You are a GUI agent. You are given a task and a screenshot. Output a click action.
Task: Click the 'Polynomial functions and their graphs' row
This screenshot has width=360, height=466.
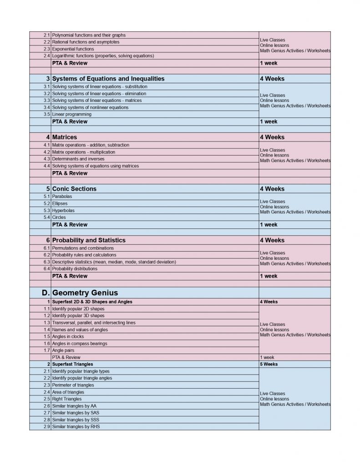click(x=89, y=35)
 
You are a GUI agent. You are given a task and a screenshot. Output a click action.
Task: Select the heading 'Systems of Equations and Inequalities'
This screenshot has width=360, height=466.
click(x=108, y=79)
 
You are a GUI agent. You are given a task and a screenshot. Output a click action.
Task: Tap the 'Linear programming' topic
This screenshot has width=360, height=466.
click(x=71, y=114)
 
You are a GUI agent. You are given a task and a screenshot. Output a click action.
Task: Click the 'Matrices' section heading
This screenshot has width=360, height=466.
click(x=65, y=137)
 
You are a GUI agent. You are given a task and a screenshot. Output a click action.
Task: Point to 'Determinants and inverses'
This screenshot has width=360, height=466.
click(x=78, y=159)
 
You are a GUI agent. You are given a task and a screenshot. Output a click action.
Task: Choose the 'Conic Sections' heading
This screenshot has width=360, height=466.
click(x=74, y=188)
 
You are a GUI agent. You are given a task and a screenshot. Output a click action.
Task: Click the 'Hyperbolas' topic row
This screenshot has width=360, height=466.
click(x=63, y=211)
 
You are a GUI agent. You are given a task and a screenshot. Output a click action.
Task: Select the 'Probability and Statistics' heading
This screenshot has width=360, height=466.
click(x=89, y=240)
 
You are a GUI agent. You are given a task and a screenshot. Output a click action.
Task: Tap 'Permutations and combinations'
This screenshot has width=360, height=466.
click(x=83, y=248)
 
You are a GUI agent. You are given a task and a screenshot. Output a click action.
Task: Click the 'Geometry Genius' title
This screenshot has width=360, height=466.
click(x=85, y=292)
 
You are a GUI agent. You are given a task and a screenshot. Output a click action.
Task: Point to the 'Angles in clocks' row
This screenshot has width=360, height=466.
click(x=68, y=336)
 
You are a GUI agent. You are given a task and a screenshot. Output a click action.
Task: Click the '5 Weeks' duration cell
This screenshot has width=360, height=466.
click(x=269, y=364)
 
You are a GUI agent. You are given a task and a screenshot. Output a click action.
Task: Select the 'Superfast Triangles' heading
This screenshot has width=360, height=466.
click(x=72, y=364)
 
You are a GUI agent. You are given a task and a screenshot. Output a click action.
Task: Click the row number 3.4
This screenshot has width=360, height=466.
click(x=46, y=107)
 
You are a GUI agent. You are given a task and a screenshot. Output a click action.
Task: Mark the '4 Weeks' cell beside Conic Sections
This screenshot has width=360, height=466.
click(x=272, y=188)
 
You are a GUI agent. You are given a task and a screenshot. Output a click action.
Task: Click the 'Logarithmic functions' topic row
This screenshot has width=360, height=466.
click(x=103, y=56)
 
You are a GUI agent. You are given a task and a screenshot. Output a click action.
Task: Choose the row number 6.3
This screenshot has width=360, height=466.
click(x=46, y=262)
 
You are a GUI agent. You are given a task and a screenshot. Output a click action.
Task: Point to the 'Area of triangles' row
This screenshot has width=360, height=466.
click(x=68, y=392)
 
